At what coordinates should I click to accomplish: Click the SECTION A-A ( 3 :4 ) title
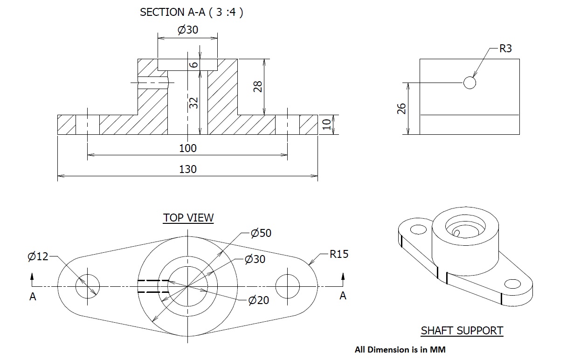[191, 13]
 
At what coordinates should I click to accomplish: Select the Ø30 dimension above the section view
[188, 30]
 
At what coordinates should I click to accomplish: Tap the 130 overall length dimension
[188, 169]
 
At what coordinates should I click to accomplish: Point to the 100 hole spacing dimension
[188, 148]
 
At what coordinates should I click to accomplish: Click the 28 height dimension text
[258, 86]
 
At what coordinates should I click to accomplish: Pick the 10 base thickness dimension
[327, 124]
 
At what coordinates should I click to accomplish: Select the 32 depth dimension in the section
[194, 103]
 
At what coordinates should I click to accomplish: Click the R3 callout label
[505, 49]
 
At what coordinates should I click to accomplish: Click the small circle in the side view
[470, 83]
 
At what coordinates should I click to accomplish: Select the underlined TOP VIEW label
[188, 218]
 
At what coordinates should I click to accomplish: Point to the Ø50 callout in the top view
[261, 233]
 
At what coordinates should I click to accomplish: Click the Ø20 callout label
[259, 300]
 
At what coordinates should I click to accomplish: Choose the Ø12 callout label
[38, 256]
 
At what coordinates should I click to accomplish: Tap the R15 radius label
[338, 255]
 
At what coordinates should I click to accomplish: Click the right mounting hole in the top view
[287, 286]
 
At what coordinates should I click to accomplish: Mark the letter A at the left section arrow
[33, 297]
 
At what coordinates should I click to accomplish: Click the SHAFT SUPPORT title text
[462, 331]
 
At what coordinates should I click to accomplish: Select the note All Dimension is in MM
[400, 349]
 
